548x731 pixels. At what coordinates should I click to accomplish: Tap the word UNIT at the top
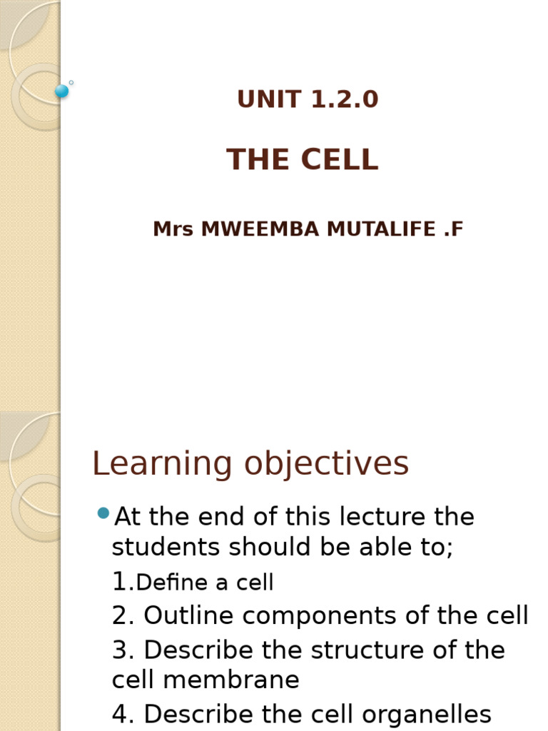click(264, 100)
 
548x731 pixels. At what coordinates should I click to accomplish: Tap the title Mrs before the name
click(173, 230)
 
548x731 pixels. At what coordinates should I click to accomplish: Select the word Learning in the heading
click(162, 465)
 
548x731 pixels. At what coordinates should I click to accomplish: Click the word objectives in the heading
click(327, 465)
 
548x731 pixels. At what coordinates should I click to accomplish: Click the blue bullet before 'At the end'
click(103, 513)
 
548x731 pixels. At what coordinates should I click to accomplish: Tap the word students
click(166, 548)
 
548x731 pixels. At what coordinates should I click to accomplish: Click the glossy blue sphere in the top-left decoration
click(62, 91)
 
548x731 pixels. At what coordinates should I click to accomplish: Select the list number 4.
click(121, 714)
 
